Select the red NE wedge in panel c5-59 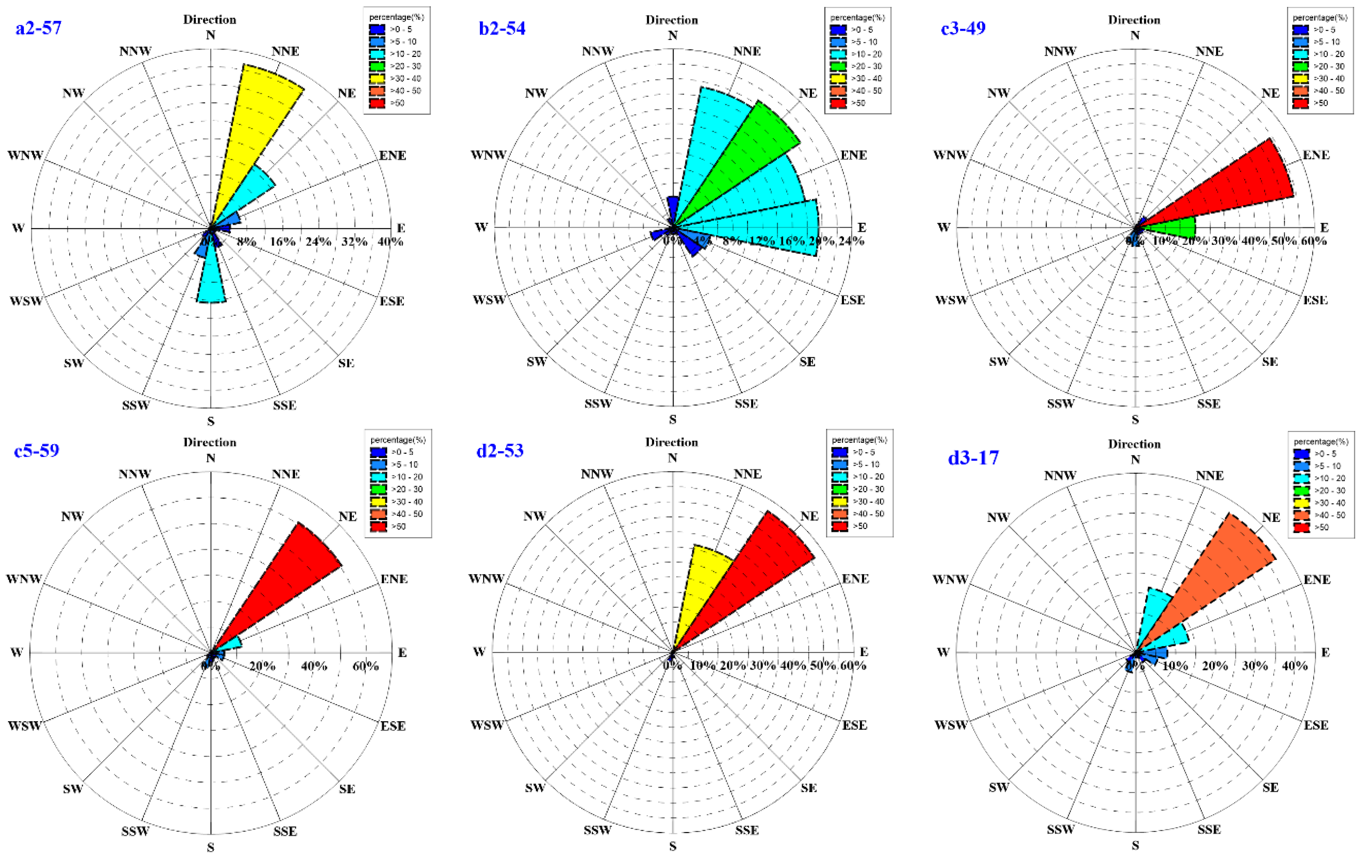pos(282,587)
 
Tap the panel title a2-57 pos(38,28)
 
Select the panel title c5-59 pos(37,450)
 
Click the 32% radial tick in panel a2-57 pos(354,242)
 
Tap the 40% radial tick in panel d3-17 pos(1294,666)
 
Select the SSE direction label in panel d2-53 pos(747,830)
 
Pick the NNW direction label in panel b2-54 pos(598,51)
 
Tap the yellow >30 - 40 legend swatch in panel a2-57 pos(377,79)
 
